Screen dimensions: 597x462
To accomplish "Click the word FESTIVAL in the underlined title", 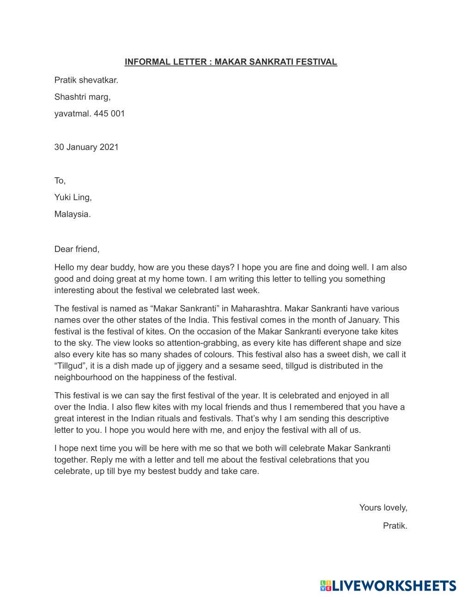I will (318, 62).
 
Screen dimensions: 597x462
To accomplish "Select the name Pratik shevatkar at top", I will (86, 80).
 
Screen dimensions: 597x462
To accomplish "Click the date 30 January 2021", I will (86, 147).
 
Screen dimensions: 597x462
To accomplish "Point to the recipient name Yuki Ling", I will (73, 197).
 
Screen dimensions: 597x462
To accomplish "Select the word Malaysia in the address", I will (72, 214).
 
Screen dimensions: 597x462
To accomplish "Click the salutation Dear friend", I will (77, 249).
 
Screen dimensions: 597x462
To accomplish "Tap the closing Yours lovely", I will (383, 507).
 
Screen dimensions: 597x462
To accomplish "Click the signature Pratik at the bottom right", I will (395, 525).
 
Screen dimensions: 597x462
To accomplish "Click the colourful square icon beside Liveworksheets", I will (326, 586).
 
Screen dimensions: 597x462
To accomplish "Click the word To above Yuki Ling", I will (60, 180).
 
